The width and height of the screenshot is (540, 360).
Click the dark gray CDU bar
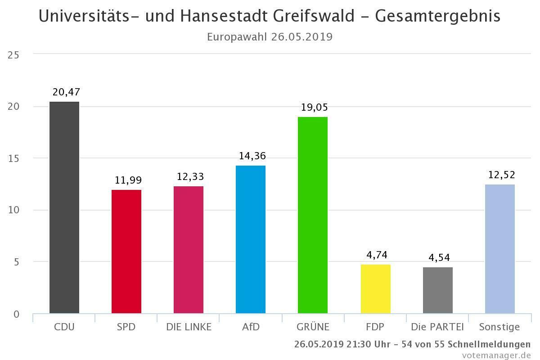click(64, 207)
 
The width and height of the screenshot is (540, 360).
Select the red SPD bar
click(126, 252)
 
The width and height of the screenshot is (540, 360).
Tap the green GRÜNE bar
click(313, 215)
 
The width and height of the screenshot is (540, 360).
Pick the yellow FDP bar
click(375, 289)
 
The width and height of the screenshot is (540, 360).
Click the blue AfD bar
click(251, 239)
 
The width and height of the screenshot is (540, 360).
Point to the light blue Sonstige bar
click(499, 249)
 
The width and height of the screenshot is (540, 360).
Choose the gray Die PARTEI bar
click(437, 290)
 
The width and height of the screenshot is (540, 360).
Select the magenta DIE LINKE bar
click(189, 250)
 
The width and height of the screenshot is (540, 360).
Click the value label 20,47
click(66, 92)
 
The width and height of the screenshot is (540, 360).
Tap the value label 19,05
click(315, 108)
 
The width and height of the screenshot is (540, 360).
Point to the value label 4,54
click(439, 258)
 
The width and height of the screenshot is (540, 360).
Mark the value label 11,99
click(128, 180)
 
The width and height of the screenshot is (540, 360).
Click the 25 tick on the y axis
click(13, 55)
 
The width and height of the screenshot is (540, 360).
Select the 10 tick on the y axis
click(13, 210)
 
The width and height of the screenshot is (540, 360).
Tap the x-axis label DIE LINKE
click(189, 327)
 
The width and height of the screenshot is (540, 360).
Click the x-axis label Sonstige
click(499, 327)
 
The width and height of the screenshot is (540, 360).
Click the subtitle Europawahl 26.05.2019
click(270, 37)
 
